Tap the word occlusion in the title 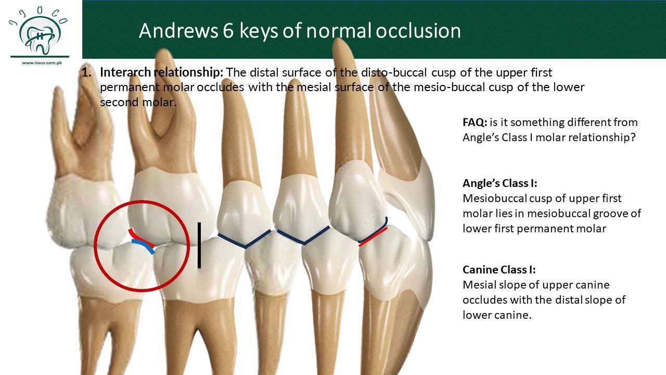click(418, 31)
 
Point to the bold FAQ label click(475, 122)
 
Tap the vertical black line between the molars click(199, 245)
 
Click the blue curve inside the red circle click(144, 246)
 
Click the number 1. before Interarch click(87, 72)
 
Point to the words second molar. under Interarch click(138, 102)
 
